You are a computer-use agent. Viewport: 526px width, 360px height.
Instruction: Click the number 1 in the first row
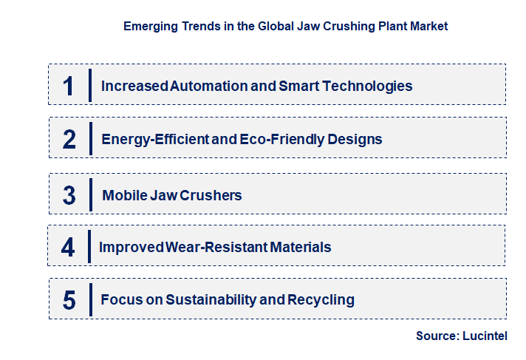69,86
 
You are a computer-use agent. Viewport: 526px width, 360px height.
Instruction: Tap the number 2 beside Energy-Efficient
69,139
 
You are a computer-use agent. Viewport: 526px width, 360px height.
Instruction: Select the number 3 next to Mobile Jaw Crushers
69,195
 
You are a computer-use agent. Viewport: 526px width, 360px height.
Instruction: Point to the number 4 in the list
68,247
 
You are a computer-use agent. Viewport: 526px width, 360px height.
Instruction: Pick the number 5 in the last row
69,300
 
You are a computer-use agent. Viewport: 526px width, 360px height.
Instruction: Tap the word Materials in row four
301,247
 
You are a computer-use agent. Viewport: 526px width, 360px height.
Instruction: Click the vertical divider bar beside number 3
91,194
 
